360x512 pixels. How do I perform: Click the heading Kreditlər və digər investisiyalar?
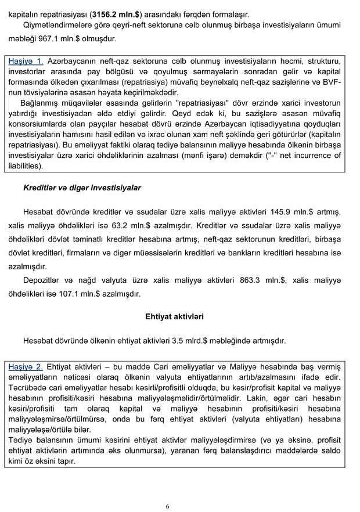82,188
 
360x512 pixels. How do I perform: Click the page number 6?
168,507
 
